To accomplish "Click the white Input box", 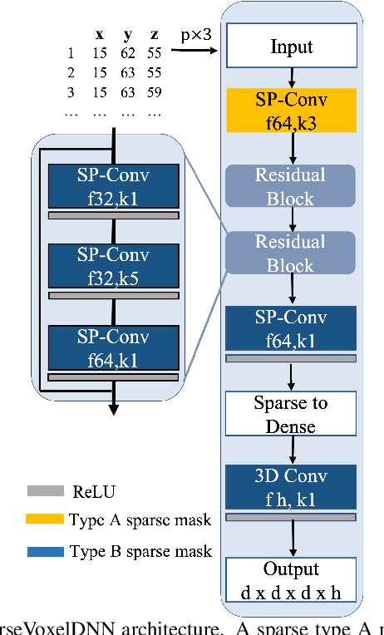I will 292,46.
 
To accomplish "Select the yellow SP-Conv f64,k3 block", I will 292,112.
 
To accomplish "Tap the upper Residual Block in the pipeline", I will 292,186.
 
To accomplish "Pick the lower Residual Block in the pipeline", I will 292,253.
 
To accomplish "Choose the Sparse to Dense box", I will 292,415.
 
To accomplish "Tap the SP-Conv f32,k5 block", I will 114,265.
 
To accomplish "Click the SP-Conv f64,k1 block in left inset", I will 114,347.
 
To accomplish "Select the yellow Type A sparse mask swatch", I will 46,520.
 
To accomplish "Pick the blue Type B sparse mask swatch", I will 46,551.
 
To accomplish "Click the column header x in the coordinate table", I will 100,35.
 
